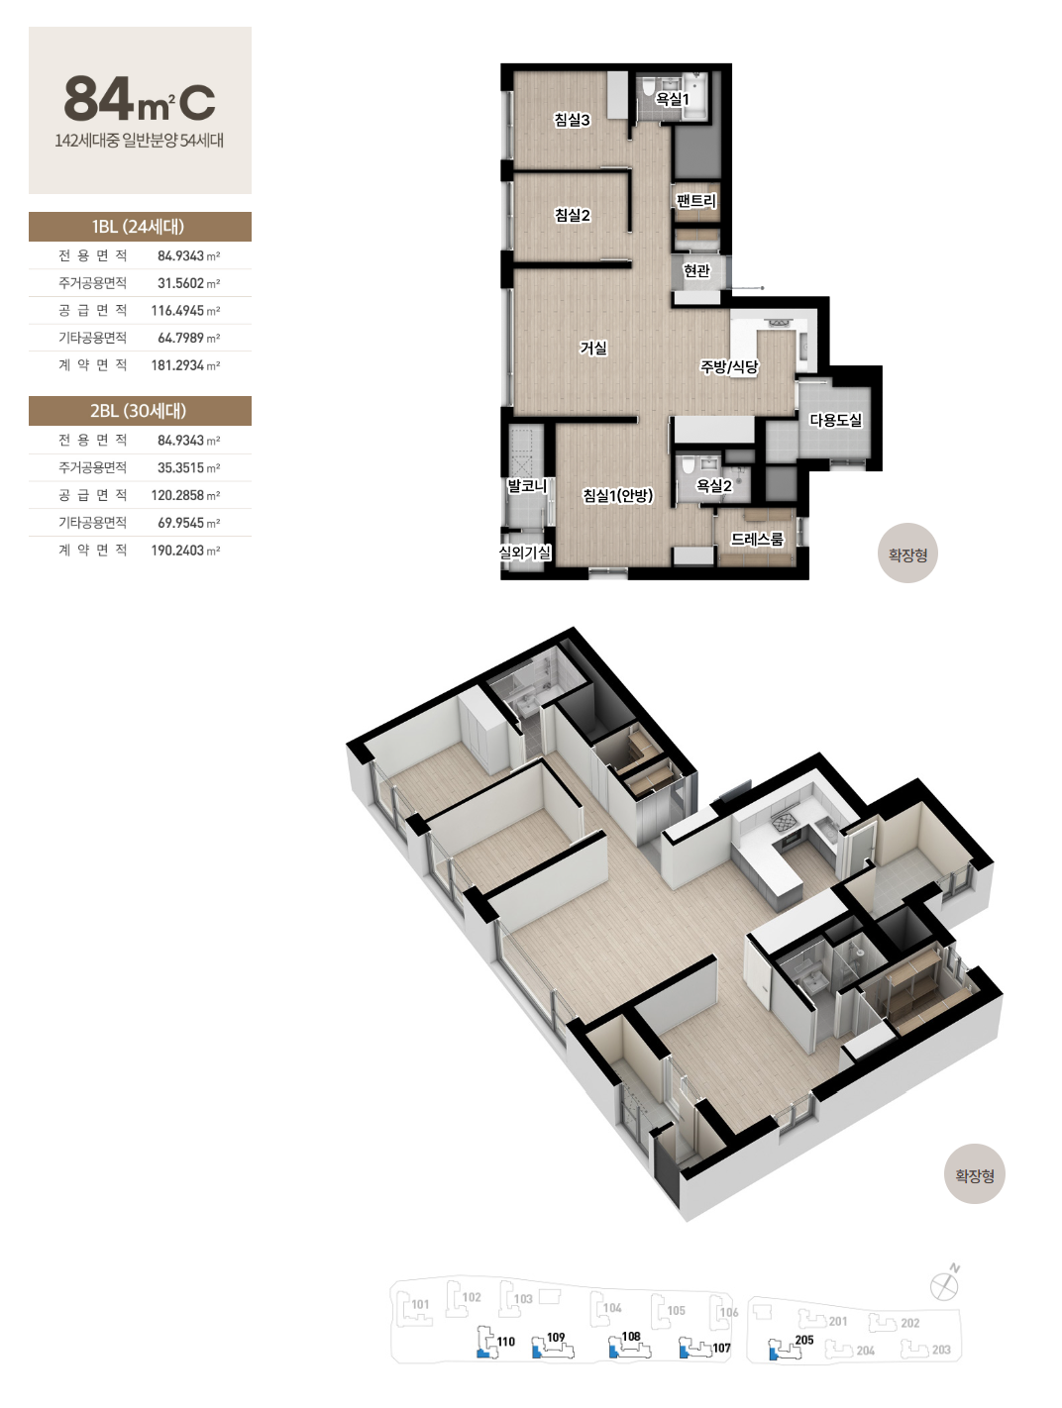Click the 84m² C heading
140,99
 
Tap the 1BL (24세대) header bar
140,227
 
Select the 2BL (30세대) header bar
140,411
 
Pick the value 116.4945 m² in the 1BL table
185,311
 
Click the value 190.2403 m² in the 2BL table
185,551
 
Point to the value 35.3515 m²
188,467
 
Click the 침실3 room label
572,120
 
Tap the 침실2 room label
572,215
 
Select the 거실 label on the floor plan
593,348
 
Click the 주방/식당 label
729,367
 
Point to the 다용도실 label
835,420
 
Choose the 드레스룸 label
757,540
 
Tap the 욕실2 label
714,486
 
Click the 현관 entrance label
696,270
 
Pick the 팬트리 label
696,201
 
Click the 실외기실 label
525,553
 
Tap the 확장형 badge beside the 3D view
974,1175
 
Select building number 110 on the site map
505,1342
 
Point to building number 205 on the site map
804,1340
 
